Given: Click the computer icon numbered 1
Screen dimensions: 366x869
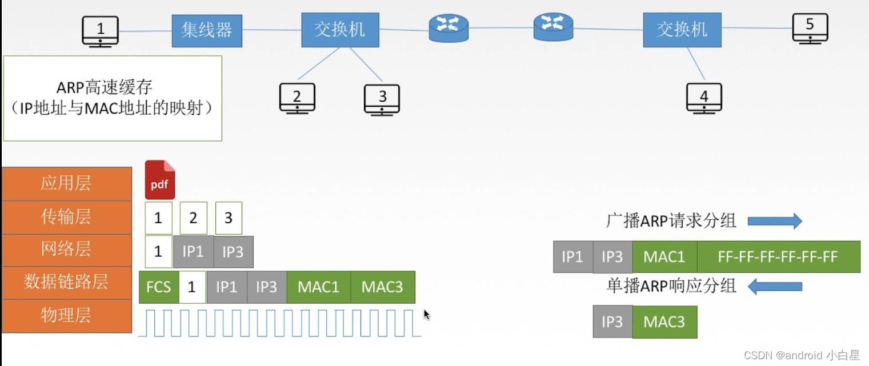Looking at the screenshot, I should pos(100,31).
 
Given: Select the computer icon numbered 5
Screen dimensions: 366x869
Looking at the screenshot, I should pos(810,27).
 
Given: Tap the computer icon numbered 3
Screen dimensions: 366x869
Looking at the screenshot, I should pos(382,99).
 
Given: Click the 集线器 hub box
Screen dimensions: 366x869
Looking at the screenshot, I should pos(207,31).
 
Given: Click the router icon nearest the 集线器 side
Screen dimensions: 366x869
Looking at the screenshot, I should pos(448,27).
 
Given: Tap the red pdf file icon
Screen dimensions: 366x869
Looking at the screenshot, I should pos(159,180).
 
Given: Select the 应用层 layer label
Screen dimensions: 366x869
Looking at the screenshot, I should pos(66,183).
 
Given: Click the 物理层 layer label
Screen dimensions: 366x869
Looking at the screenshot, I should pos(66,316).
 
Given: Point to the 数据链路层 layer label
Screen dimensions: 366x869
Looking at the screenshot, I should pos(66,282).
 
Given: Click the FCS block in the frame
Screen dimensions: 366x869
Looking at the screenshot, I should pos(158,287).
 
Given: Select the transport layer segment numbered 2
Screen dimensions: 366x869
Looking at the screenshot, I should pos(193,218).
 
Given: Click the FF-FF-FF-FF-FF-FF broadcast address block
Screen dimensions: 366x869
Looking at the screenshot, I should pos(778,257).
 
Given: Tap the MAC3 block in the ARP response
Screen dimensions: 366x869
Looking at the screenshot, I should pos(664,321).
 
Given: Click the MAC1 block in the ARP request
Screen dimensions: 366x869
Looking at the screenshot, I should pos(664,257).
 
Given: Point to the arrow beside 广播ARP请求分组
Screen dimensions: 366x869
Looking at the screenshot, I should pos(775,221).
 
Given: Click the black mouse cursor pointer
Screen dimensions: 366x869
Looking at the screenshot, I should pos(426,315).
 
